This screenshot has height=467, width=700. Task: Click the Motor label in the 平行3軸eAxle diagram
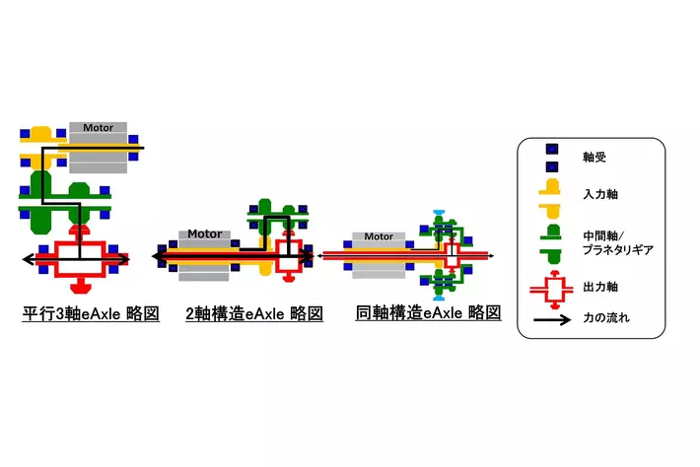click(x=98, y=127)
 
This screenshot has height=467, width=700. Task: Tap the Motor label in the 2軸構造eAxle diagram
click(x=204, y=233)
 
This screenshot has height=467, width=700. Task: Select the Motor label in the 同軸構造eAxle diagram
click(x=379, y=236)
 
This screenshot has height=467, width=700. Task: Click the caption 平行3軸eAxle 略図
click(x=91, y=313)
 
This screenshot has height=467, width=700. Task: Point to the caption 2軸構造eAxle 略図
click(x=254, y=313)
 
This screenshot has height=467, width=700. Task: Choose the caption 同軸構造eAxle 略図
click(x=428, y=312)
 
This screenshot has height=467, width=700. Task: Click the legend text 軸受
click(x=595, y=157)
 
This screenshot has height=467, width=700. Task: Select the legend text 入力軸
click(x=600, y=194)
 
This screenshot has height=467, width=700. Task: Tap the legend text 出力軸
click(x=600, y=287)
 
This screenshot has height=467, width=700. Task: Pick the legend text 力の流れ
click(x=606, y=318)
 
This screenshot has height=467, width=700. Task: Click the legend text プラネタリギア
click(x=618, y=250)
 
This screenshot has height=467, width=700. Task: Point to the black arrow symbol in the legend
click(x=552, y=319)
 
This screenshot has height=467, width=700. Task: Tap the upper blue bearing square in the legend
click(x=552, y=150)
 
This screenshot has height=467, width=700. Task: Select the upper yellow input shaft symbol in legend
click(x=549, y=186)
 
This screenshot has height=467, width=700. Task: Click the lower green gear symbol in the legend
click(x=550, y=258)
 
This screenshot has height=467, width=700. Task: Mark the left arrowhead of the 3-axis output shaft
click(x=29, y=259)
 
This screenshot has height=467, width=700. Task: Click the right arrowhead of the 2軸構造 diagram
click(x=309, y=256)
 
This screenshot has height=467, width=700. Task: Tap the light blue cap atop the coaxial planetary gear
click(x=438, y=213)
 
